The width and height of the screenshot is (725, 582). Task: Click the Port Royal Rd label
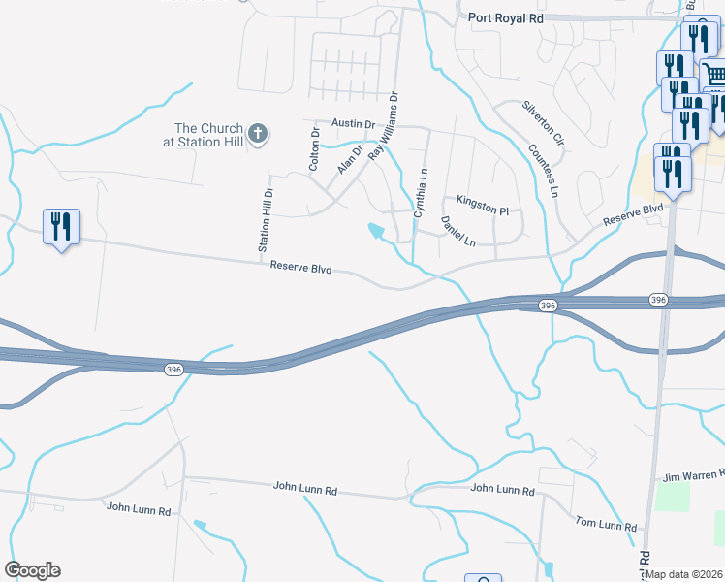tap(505, 16)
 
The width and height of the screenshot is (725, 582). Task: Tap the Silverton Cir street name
tap(543, 122)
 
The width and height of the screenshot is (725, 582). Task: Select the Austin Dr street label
tap(352, 123)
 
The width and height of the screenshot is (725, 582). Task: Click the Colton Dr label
tap(314, 148)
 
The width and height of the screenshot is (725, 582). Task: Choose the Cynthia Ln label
tap(421, 190)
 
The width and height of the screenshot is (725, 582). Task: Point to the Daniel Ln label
tap(457, 231)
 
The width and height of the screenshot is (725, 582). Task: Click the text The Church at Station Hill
tap(208, 135)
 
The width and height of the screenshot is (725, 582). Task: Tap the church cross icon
tap(257, 135)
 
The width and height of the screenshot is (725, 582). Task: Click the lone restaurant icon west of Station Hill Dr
tap(61, 227)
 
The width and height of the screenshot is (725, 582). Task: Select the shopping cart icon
tap(713, 75)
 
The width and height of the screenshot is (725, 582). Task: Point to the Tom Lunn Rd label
tap(605, 525)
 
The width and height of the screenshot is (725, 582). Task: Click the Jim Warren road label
tap(693, 476)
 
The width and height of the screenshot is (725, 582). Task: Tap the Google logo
tap(32, 570)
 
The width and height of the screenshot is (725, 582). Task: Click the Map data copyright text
tap(684, 574)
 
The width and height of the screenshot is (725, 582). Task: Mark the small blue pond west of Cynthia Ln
tap(376, 231)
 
